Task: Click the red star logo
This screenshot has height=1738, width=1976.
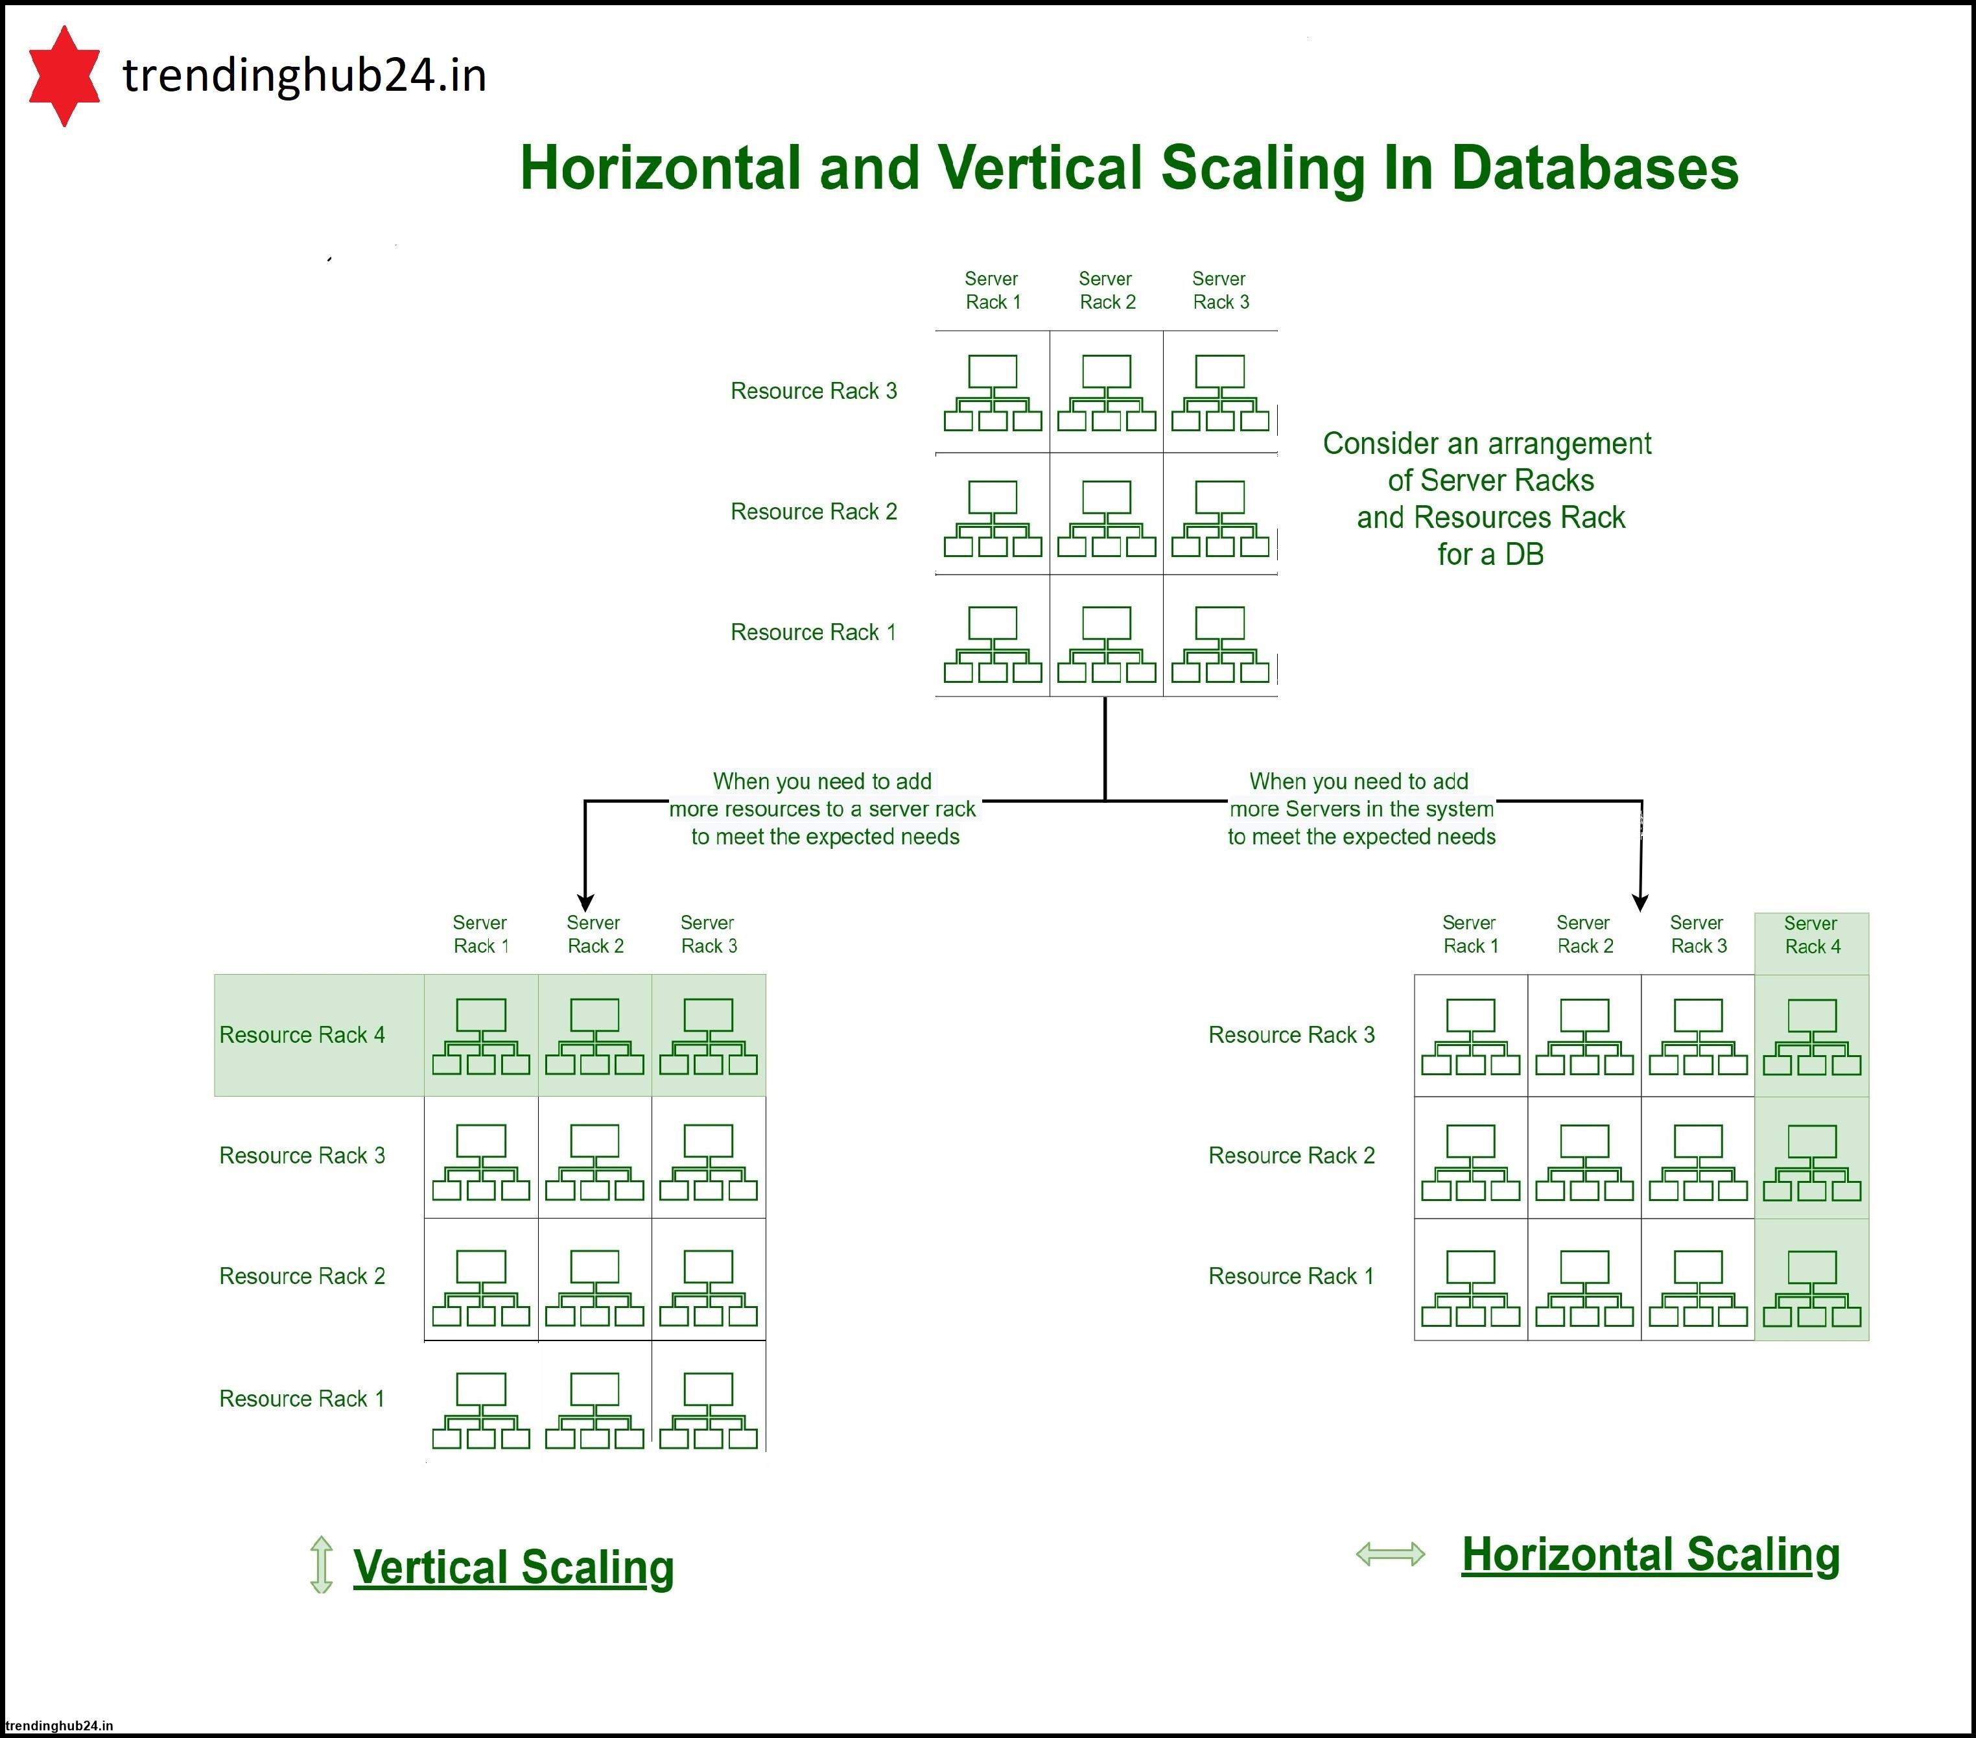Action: (x=64, y=75)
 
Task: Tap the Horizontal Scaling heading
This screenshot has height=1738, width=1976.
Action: (x=1650, y=1554)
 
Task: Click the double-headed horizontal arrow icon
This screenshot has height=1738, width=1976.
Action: (x=1390, y=1554)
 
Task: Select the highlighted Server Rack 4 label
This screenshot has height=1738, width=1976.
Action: (x=1811, y=935)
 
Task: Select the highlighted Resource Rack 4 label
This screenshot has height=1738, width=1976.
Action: (x=301, y=1035)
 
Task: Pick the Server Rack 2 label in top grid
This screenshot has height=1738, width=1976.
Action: (x=1106, y=290)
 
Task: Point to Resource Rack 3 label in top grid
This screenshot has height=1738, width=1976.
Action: (x=813, y=391)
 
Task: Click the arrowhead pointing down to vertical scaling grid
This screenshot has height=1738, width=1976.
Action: (x=585, y=901)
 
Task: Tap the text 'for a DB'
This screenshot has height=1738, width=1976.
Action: (x=1490, y=554)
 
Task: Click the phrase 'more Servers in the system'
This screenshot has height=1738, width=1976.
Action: (x=1361, y=809)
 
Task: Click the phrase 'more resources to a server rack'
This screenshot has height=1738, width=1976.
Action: (x=823, y=809)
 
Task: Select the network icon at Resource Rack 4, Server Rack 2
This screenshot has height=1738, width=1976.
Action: (x=594, y=1036)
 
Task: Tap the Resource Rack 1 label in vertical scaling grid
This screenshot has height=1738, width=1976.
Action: (x=301, y=1399)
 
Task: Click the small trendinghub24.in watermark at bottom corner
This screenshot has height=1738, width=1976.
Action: (x=59, y=1726)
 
